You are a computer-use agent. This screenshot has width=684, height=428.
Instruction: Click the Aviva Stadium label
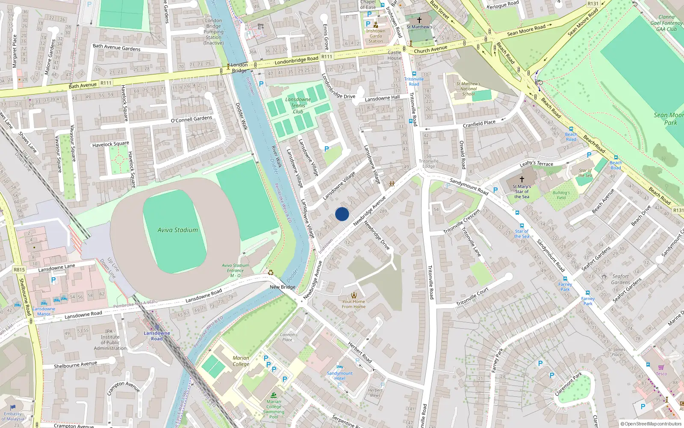point(177,230)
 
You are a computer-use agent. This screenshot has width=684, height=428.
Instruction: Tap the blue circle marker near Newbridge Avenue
point(342,214)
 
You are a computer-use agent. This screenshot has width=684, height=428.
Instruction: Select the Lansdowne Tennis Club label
point(298,105)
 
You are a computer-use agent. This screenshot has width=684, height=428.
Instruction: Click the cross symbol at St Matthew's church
point(419,20)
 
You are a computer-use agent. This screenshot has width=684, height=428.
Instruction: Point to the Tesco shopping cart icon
point(661,367)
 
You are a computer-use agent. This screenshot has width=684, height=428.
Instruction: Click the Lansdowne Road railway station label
point(156,336)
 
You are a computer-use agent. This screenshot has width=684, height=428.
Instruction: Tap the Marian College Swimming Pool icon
point(274,395)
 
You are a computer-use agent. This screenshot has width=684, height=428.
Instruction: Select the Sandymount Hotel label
point(340,376)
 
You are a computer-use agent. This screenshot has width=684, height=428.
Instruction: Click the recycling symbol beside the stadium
point(271,272)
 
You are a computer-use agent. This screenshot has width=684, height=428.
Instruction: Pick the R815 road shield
point(19,270)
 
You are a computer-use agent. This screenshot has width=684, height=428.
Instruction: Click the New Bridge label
point(283,287)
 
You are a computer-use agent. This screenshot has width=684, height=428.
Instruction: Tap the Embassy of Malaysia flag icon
point(13,407)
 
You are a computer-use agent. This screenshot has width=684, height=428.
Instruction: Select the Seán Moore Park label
point(668,119)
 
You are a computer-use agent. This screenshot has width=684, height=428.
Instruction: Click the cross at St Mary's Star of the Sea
point(522,179)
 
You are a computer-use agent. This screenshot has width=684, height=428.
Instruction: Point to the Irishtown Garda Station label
point(375,36)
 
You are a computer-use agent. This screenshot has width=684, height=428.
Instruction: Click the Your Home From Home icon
point(354,295)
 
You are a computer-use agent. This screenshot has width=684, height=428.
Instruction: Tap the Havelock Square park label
point(110,144)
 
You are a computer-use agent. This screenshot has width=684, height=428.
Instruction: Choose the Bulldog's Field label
point(561,195)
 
